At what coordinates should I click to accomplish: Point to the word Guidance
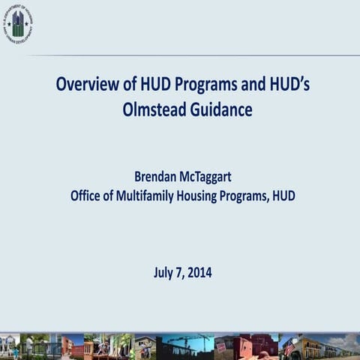pos(220,109)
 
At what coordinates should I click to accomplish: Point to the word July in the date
pos(164,272)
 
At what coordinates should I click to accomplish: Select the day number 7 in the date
pos(180,272)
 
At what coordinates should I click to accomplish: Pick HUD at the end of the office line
pos(283,196)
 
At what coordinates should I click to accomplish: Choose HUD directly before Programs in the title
pos(154,83)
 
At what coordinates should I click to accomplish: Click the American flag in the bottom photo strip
pos(289,346)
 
